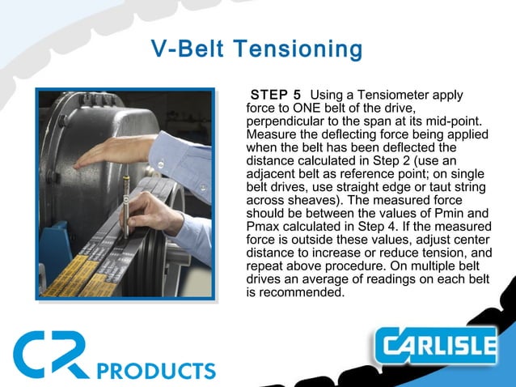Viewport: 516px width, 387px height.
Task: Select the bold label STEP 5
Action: [x=276, y=96]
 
